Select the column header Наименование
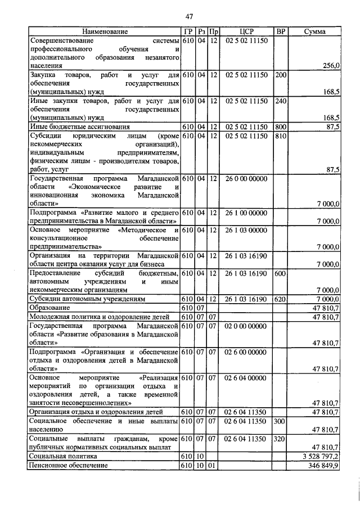click(x=105, y=31)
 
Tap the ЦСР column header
click(x=246, y=31)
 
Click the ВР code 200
click(x=281, y=75)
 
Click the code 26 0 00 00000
click(x=246, y=178)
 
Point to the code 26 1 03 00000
click(x=246, y=229)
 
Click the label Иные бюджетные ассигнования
click(x=78, y=127)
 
